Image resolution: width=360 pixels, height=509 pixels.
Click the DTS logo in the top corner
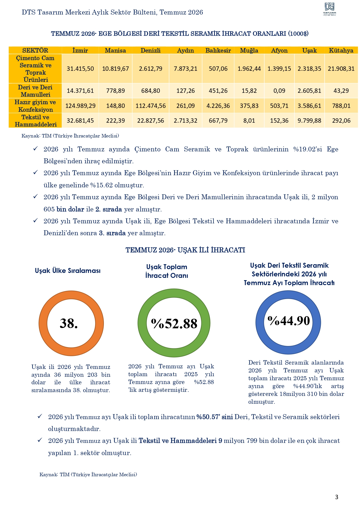point(330,9)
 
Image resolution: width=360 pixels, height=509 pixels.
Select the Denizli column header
point(151,50)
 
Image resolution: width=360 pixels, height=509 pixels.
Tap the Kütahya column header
point(341,50)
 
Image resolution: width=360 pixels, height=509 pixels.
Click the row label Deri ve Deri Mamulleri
point(35,91)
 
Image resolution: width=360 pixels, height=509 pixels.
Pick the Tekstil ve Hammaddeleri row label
point(36,121)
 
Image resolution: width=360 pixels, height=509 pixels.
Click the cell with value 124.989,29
point(80,106)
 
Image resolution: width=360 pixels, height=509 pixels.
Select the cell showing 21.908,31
point(341,69)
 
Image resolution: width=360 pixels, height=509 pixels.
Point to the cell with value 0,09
point(279,91)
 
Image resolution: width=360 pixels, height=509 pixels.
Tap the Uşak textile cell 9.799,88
point(309,121)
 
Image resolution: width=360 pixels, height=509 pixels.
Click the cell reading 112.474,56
point(151,106)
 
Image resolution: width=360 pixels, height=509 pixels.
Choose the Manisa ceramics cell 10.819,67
point(115,69)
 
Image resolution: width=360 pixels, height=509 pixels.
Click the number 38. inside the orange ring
point(69,323)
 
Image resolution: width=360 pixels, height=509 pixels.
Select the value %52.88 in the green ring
point(174,323)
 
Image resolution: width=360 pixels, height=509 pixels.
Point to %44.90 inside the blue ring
point(289,320)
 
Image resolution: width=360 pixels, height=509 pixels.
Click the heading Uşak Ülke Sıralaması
point(68,271)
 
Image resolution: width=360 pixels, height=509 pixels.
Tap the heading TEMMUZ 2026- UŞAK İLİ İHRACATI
point(185,250)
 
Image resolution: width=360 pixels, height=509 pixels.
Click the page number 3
point(337,497)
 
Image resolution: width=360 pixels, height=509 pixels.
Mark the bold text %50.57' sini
point(215,417)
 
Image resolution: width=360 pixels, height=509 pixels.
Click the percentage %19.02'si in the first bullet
point(307,149)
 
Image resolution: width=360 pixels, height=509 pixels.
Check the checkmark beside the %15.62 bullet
point(35,172)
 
